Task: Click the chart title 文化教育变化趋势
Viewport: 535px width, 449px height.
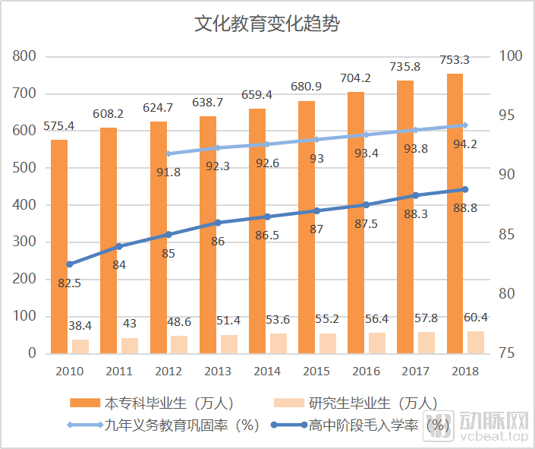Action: [x=267, y=24]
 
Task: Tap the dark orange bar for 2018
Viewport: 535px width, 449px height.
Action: [x=455, y=213]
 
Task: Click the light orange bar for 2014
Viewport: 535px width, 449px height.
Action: [x=279, y=343]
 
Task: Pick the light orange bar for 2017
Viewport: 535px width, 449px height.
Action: [x=426, y=343]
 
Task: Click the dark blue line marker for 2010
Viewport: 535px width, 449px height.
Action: [x=69, y=264]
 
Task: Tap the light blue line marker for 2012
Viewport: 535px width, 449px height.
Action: [x=168, y=153]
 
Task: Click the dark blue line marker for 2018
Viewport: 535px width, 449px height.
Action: [x=465, y=189]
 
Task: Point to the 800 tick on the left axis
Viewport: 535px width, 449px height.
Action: [x=25, y=56]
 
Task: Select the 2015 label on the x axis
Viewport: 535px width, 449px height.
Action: [x=316, y=372]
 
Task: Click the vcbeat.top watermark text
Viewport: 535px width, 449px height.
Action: [x=490, y=437]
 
